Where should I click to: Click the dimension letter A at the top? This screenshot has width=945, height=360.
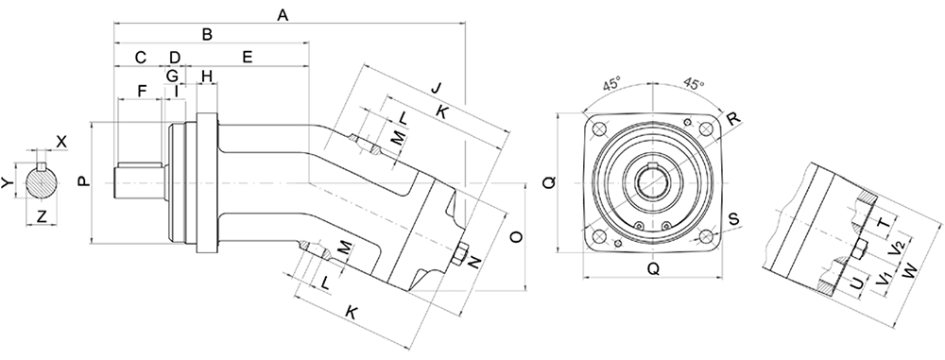click(x=282, y=15)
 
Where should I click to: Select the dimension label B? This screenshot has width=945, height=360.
click(x=207, y=34)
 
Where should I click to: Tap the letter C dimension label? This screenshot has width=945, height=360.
click(x=141, y=58)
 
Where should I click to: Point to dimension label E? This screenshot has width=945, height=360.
click(x=247, y=58)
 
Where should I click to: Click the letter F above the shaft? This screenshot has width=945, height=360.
click(x=143, y=91)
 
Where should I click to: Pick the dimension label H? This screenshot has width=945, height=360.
click(x=207, y=76)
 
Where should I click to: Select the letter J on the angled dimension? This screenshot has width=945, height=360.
click(x=437, y=88)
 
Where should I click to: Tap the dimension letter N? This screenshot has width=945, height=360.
click(x=475, y=262)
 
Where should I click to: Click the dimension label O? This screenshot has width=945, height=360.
click(x=517, y=237)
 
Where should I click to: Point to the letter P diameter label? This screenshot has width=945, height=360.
click(x=83, y=180)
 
